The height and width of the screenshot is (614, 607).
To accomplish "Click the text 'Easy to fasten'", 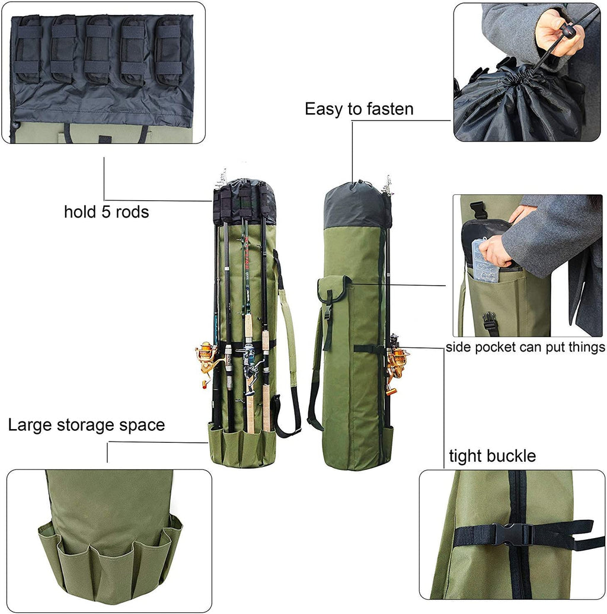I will [359, 109].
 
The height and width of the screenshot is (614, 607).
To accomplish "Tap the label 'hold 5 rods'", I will [107, 212].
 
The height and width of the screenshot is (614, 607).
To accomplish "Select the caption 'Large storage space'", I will [87, 425].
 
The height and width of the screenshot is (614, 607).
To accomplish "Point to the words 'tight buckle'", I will [492, 456].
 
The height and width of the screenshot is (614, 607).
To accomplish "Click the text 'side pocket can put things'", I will [526, 347].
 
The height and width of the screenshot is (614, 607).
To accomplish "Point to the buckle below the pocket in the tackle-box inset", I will [490, 322].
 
